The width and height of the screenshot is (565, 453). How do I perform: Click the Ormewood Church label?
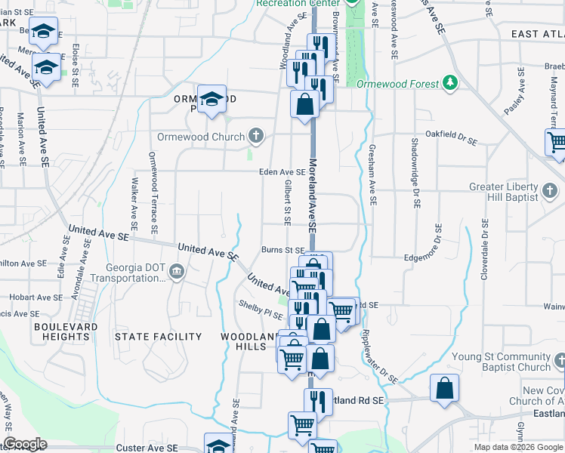[200, 137]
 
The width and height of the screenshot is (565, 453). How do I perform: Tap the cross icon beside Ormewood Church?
[256, 137]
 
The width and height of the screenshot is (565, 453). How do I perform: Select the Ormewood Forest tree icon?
[450, 82]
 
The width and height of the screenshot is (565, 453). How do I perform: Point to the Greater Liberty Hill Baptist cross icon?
[552, 187]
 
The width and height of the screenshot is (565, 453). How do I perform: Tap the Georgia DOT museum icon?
[176, 272]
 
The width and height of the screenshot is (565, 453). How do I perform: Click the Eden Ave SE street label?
[282, 172]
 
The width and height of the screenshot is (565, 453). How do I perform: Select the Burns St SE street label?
[282, 249]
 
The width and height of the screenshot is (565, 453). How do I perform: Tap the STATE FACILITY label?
[158, 337]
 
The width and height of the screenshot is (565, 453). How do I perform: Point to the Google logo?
[25, 444]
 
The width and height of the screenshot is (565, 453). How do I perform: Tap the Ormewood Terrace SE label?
[153, 192]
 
